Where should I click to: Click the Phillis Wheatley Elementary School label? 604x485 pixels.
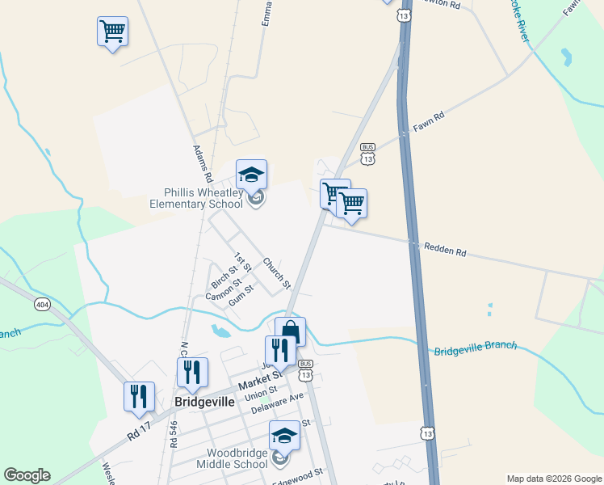[x=196, y=198]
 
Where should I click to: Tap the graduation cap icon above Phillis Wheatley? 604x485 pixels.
[x=251, y=175]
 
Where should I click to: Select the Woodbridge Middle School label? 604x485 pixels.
[x=237, y=458]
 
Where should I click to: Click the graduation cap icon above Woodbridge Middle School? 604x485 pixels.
[x=283, y=436]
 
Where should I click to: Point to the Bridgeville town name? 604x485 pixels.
[x=204, y=402]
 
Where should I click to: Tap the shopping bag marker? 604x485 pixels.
[x=291, y=331]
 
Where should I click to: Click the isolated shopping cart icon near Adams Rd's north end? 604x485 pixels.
[x=112, y=32]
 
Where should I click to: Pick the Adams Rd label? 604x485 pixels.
[x=203, y=162]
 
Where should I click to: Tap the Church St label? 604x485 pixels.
[x=276, y=273]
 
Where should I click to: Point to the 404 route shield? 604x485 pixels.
[x=42, y=304]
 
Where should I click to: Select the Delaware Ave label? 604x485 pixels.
[x=277, y=403]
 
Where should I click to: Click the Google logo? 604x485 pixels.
[x=27, y=475]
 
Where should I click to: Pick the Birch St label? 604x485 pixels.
[x=224, y=276]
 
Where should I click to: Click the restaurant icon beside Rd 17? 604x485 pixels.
[x=138, y=395]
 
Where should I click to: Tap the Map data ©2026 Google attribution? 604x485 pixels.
[x=553, y=479]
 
